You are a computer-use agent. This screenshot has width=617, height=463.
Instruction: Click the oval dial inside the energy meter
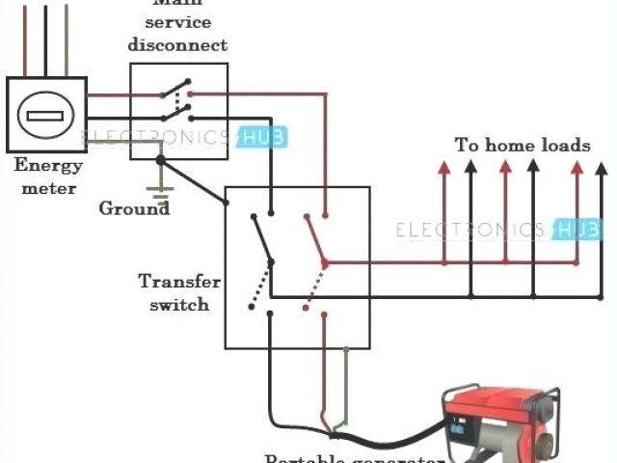(x=44, y=116)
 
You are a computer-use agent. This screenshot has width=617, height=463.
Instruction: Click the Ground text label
(x=134, y=207)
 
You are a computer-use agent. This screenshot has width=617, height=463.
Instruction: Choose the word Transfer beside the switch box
(x=180, y=283)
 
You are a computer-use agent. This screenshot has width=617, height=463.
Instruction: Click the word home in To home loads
(x=515, y=146)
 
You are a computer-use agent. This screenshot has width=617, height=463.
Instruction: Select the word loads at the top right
(x=566, y=146)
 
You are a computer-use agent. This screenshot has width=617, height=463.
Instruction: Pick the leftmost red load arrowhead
(x=444, y=168)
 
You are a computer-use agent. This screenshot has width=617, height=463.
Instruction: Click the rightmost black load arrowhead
(x=598, y=168)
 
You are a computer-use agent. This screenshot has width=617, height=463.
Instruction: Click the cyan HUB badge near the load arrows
(x=578, y=230)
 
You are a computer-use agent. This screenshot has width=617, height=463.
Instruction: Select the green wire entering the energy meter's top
(x=67, y=39)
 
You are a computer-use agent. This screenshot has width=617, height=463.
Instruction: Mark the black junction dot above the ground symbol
(x=161, y=159)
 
